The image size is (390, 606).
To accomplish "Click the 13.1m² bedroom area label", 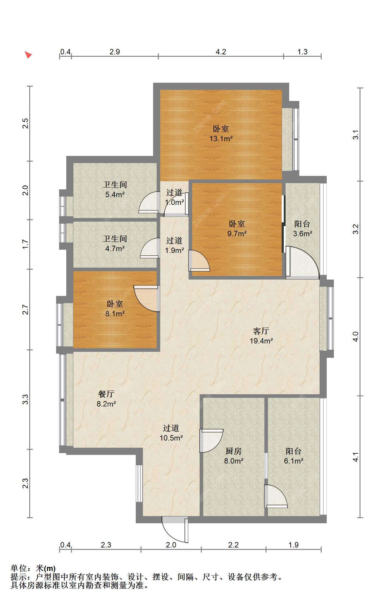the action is (221, 134).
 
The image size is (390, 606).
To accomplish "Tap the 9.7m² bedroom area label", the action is (237, 229).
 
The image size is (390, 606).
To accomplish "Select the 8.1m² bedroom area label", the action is (115, 309).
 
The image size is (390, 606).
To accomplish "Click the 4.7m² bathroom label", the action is (115, 243).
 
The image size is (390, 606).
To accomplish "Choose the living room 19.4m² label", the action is (261, 336).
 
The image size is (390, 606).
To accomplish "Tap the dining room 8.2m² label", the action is (106, 399).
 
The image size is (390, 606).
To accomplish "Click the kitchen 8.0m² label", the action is (234, 456).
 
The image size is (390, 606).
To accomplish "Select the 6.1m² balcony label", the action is (294, 456).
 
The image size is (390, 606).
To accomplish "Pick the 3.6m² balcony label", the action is (303, 229).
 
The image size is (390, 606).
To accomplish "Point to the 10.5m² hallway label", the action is (171, 433).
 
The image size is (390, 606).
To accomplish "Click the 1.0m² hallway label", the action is (174, 197).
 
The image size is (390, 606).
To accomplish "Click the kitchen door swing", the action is (211, 441).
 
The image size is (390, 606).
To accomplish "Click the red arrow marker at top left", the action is (28, 55).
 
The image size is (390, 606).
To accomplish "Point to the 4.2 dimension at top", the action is (221, 52).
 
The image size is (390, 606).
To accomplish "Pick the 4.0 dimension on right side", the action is (355, 337).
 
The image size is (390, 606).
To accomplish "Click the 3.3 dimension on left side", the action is (26, 399).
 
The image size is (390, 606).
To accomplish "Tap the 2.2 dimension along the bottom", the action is (233, 545).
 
